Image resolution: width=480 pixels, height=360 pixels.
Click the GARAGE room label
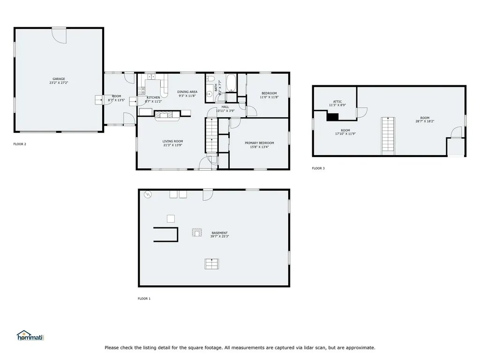(x=59, y=79)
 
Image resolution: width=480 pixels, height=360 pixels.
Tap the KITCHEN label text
(x=153, y=97)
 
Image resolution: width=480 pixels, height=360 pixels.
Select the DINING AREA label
(x=187, y=92)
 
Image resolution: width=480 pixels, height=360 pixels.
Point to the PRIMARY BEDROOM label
(x=259, y=143)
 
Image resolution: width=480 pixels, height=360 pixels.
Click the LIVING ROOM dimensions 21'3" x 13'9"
(x=173, y=145)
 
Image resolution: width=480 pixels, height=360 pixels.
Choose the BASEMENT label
(x=219, y=233)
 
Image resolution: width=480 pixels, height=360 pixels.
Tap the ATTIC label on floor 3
(x=337, y=102)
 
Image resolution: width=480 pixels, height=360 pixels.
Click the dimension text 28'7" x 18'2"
(x=425, y=121)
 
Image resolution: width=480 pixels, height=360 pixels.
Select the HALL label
(x=225, y=107)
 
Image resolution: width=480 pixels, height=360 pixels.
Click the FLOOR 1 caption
(x=144, y=299)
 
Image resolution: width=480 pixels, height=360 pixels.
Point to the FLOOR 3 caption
(x=318, y=168)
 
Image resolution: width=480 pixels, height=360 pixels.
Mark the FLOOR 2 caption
(x=20, y=144)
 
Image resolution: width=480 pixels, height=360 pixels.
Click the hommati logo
(x=30, y=336)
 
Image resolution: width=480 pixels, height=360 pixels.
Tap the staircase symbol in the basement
(x=212, y=264)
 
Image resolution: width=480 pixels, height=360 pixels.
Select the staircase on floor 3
(x=387, y=135)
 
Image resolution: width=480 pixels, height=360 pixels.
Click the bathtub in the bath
(x=231, y=83)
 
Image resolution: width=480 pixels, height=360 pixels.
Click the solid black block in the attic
(x=333, y=117)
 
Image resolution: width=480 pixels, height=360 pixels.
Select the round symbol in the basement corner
(x=148, y=194)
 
